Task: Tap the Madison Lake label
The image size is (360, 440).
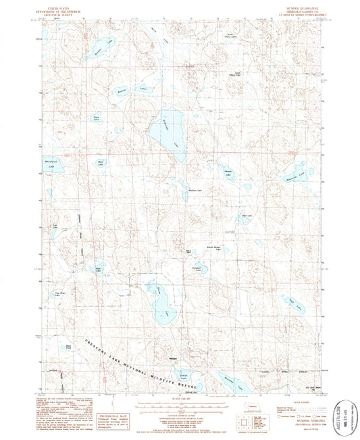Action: point(195,189)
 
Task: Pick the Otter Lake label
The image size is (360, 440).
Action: point(247,216)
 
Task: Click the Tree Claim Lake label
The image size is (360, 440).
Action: point(59,294)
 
